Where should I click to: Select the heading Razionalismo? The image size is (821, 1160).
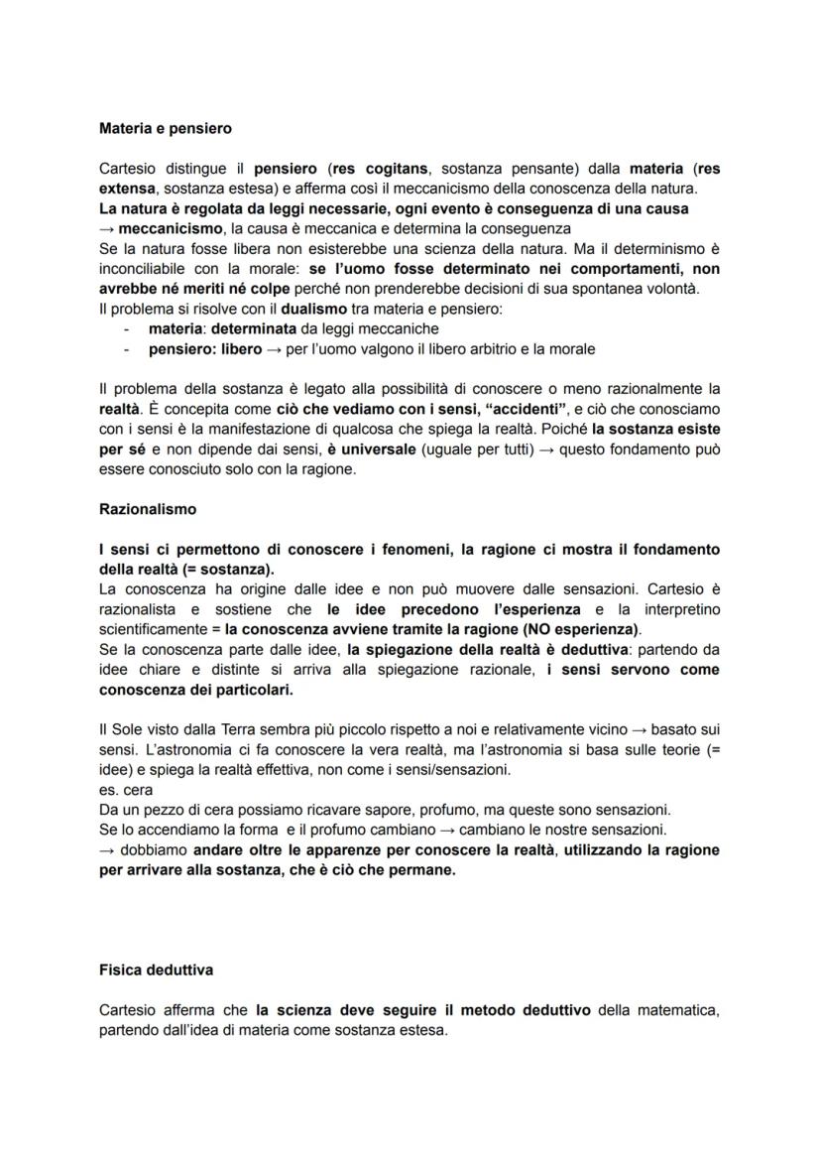coord(148,509)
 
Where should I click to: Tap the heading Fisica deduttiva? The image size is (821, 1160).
coord(156,969)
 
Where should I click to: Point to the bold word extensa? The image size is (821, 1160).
coord(128,188)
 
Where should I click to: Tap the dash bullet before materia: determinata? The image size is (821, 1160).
coord(127,328)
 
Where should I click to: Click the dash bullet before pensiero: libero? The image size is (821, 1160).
coord(127,349)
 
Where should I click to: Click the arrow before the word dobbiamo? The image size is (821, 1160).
coord(107,849)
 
